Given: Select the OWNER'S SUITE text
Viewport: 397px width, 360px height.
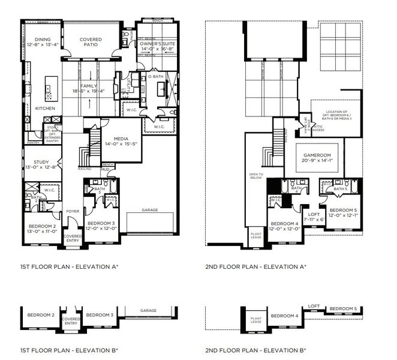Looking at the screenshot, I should [x=158, y=44].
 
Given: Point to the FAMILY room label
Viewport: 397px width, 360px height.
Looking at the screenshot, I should [x=89, y=86].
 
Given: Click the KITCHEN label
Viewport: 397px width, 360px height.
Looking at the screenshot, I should [x=45, y=109].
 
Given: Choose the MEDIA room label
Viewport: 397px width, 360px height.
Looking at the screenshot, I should [x=113, y=138].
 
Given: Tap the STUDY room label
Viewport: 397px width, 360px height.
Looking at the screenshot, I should [x=40, y=161].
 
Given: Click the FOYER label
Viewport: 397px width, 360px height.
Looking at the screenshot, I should [x=73, y=211].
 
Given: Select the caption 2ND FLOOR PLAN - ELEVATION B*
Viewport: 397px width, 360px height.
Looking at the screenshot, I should [x=255, y=350].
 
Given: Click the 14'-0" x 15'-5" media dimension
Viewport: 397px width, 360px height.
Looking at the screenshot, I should [x=113, y=145].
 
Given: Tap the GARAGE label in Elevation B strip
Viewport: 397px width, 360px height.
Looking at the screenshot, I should [x=149, y=310].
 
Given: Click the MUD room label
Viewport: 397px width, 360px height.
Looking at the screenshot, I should [x=104, y=169].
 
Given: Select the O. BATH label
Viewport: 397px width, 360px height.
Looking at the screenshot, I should [x=155, y=77].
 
